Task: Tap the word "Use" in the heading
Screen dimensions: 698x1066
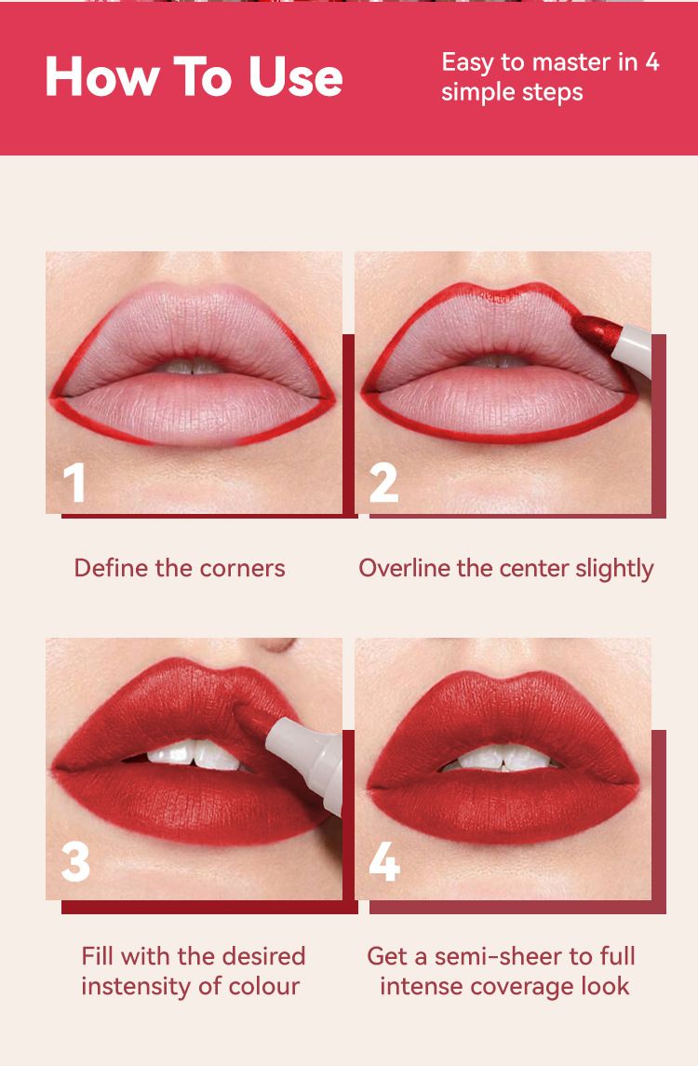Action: coord(296,77)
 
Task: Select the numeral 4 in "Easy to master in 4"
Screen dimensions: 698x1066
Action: coord(651,61)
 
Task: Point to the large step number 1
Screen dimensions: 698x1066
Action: coord(74,482)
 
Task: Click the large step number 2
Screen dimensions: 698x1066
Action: coord(383,482)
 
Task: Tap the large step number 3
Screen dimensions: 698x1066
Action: coord(75,861)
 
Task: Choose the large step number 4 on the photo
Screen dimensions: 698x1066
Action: coord(384,861)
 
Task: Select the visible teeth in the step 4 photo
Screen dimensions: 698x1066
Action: coord(502,758)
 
